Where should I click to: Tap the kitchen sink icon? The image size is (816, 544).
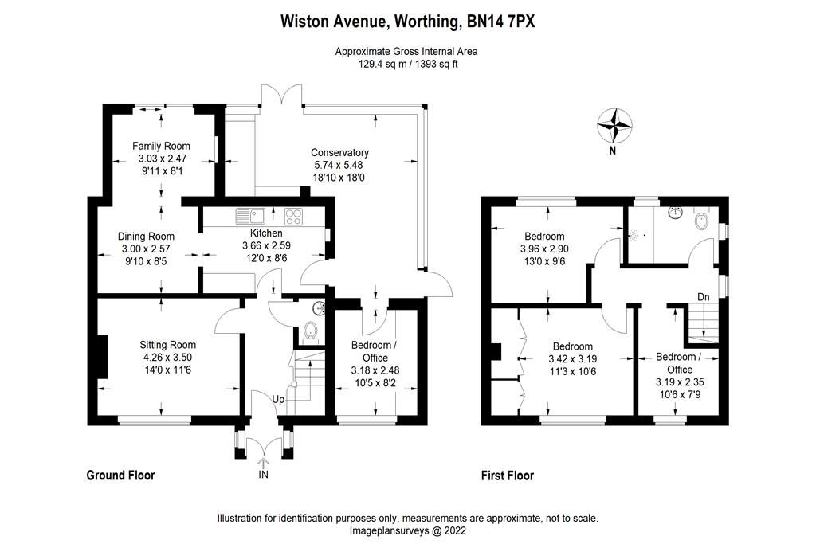click(x=250, y=216)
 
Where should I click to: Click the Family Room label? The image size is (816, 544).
click(x=162, y=146)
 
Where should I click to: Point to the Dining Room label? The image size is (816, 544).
click(x=146, y=237)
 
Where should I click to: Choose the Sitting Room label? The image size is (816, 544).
click(x=167, y=345)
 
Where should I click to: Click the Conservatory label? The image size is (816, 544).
click(x=339, y=153)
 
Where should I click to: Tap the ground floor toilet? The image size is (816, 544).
click(x=311, y=331)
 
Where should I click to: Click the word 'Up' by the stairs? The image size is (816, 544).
click(x=279, y=398)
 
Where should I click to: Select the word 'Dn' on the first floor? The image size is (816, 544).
click(x=703, y=297)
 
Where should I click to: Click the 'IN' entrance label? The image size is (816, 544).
click(x=264, y=475)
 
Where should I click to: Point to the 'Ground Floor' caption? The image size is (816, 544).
click(x=120, y=476)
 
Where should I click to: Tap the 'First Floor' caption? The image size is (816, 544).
click(x=508, y=476)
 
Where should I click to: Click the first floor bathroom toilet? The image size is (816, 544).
click(x=702, y=219)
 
